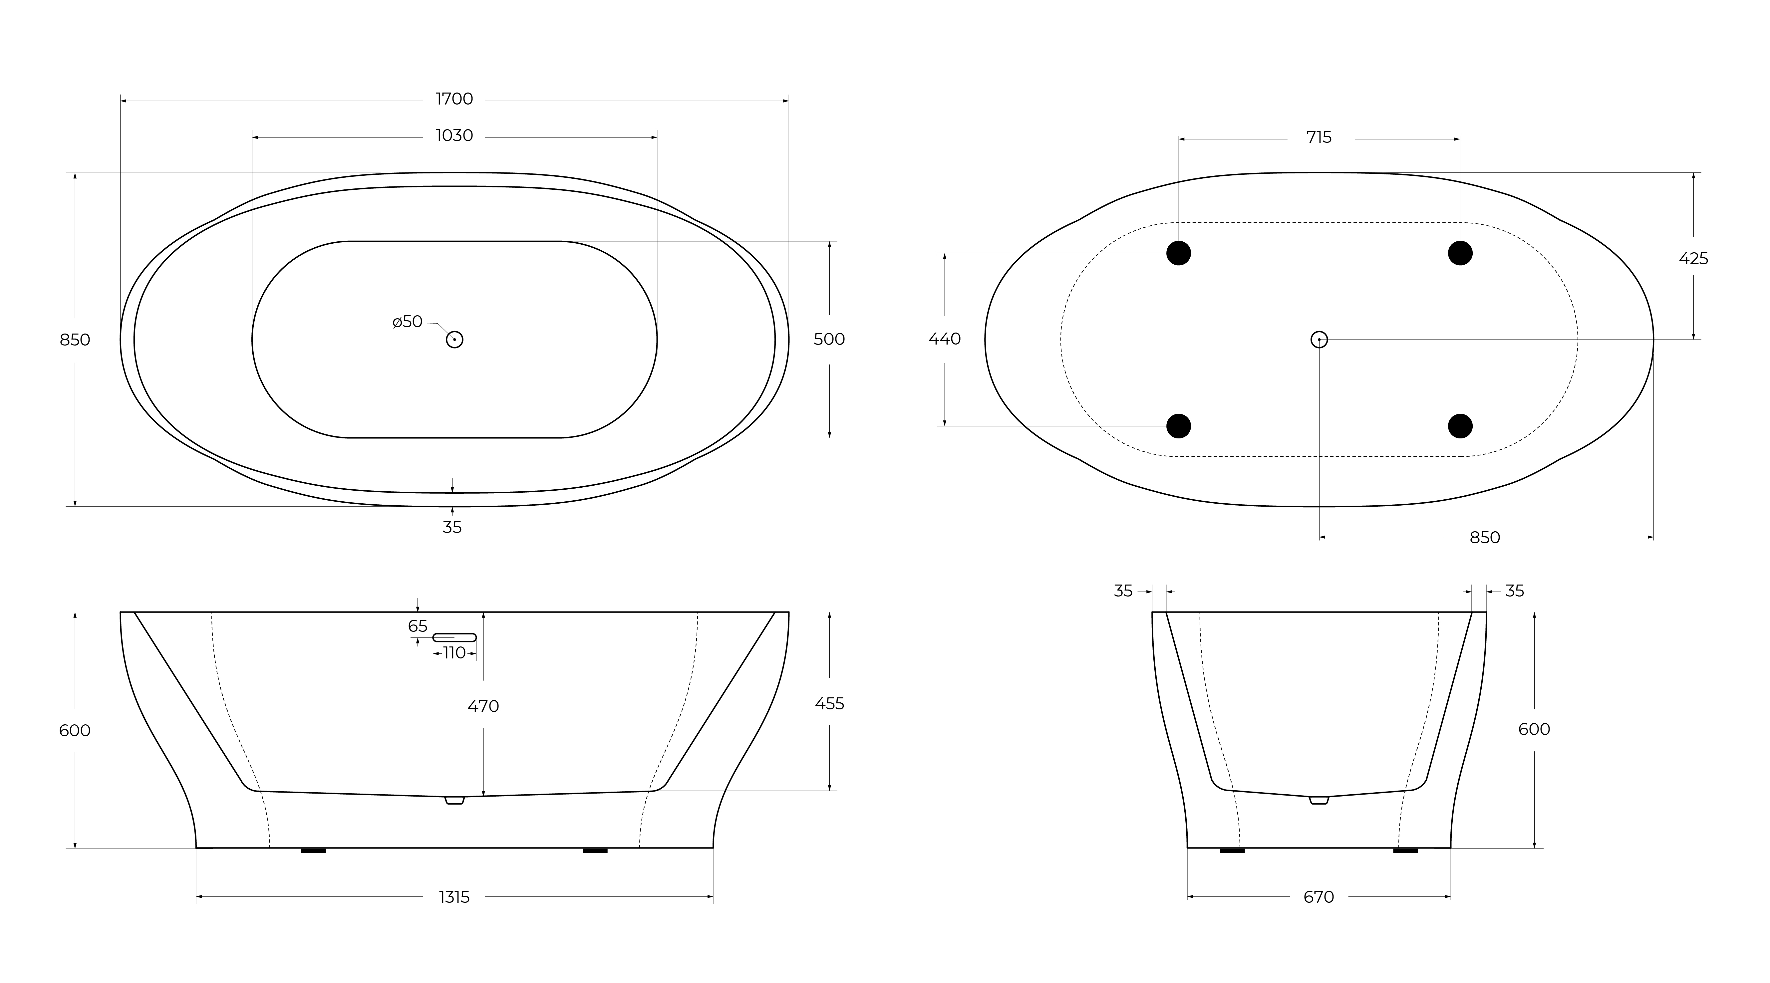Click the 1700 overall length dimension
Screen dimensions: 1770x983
454,99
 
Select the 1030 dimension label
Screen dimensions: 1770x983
454,135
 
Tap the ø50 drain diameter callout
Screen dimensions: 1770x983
408,322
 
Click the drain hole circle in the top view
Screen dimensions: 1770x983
454,339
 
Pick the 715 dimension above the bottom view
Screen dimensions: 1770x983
1319,137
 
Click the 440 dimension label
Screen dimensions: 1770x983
945,339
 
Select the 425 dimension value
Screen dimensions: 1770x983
1693,259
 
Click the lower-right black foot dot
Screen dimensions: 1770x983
1460,426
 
